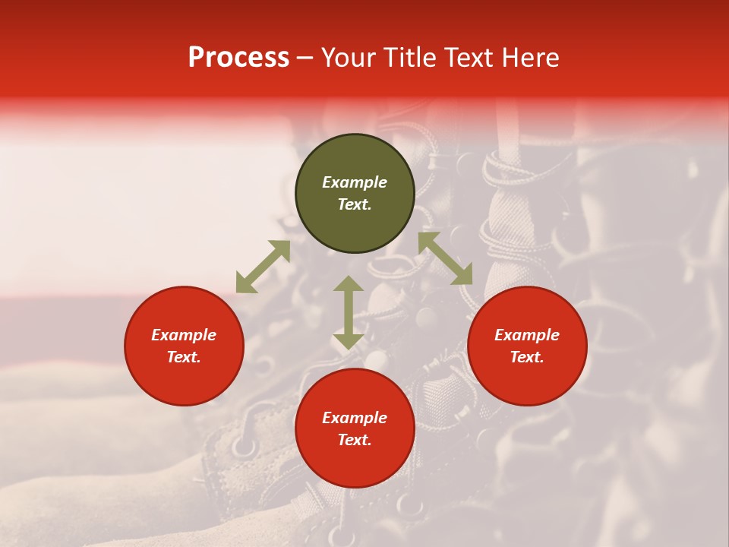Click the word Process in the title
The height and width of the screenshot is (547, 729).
pos(238,58)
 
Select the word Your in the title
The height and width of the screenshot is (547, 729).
pos(348,58)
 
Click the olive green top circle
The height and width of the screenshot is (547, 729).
pos(355,160)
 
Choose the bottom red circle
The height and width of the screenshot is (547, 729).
pos(355,463)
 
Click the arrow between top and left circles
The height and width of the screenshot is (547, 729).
pos(263,267)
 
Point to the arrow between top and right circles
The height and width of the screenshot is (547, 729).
pos(446,258)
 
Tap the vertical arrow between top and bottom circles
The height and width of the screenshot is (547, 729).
pos(349,312)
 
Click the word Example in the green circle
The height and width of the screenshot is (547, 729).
pos(355,182)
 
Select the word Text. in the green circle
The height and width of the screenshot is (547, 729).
pos(355,204)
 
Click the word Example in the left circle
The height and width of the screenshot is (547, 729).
pos(184,335)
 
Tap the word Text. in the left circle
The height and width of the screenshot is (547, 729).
pos(184,357)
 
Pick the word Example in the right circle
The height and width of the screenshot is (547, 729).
pos(527,335)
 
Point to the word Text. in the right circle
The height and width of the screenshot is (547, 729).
pos(527,357)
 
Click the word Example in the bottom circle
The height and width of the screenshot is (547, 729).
pos(355,418)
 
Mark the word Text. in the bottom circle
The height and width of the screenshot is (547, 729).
pos(355,440)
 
